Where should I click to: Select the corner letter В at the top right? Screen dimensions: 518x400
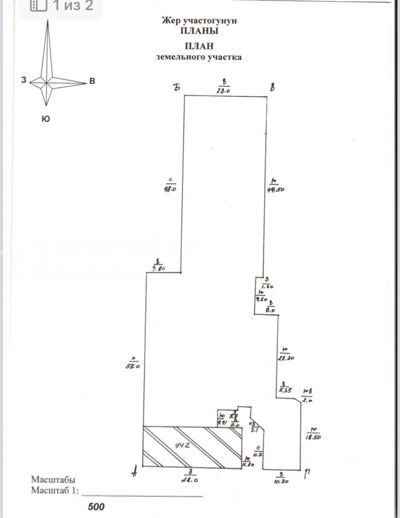click(272, 87)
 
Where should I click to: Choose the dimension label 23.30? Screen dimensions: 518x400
click(286, 357)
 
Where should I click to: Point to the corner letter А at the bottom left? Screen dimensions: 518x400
click(134, 473)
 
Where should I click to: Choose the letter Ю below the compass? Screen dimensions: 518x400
click(45, 119)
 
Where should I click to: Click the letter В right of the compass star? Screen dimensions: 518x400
click(92, 81)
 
